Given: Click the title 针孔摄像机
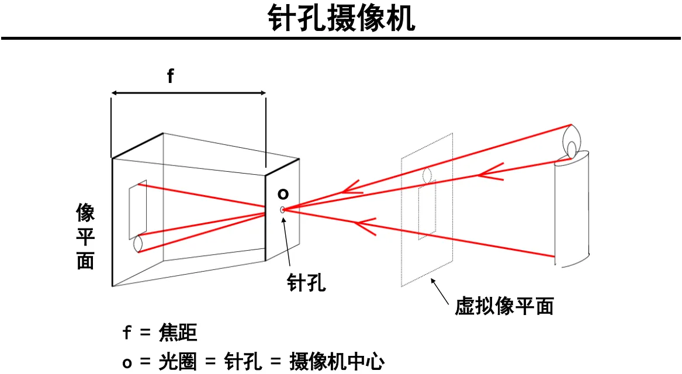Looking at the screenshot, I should (x=341, y=19).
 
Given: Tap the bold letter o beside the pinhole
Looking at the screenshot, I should (x=283, y=193).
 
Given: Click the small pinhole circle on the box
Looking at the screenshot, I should (x=283, y=209).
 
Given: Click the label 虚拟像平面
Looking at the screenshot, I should (x=504, y=306).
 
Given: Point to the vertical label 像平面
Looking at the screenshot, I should (x=85, y=237).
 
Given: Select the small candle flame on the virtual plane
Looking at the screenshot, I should (x=427, y=175).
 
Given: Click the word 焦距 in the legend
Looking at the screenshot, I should (x=178, y=333).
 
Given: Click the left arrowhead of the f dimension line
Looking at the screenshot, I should (x=115, y=92).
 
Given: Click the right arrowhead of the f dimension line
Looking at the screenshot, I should (x=263, y=92).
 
